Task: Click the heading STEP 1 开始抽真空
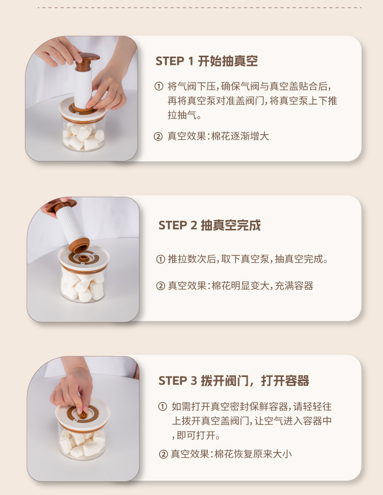207,61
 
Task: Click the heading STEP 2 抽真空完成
209,225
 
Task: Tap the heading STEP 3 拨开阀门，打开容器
234,381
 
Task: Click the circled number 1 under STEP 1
159,86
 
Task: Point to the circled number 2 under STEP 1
158,136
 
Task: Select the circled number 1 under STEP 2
160,259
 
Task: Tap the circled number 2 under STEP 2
160,286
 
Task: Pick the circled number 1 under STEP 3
162,407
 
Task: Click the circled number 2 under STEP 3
163,454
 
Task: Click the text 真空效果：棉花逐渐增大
218,136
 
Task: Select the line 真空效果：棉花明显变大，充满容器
241,286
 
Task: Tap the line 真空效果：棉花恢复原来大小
231,454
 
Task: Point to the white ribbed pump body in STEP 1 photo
83,88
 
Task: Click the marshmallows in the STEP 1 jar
83,136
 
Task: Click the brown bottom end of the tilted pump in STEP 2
79,245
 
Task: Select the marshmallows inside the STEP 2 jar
83,286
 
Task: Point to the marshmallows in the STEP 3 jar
82,443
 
